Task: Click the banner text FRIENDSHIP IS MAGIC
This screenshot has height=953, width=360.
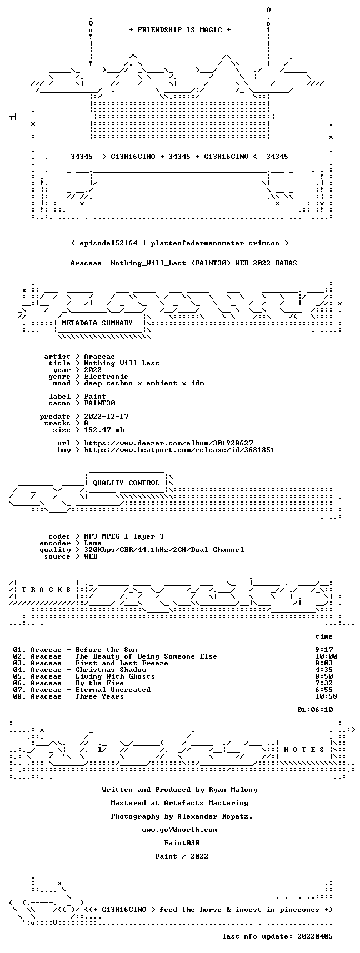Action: tap(179, 30)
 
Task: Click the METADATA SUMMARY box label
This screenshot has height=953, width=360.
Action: tap(97, 323)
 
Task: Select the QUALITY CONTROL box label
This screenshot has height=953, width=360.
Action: tap(126, 483)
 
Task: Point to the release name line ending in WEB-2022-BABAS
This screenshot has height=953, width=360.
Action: tap(184, 263)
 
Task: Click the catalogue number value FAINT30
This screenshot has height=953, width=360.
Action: tap(99, 403)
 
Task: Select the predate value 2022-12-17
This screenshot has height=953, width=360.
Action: tap(106, 417)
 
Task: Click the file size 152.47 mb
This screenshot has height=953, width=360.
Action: tap(104, 430)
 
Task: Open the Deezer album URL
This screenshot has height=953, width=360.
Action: tap(168, 443)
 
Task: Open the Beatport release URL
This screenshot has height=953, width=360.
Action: tap(179, 450)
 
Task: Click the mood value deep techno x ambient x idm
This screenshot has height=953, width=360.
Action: tap(144, 383)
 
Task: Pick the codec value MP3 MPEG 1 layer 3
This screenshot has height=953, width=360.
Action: tap(124, 536)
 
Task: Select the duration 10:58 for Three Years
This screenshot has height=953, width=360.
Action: tap(326, 696)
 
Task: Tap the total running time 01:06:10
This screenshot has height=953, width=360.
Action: tap(315, 710)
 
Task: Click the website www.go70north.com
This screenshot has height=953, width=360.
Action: tap(179, 830)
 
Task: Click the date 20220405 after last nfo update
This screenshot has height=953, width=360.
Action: tap(315, 936)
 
